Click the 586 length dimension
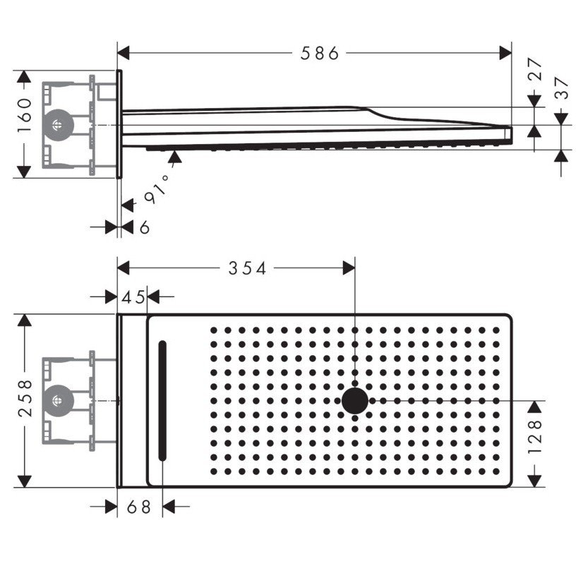tap(320, 53)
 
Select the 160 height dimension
tap(25, 115)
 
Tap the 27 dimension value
tap(536, 69)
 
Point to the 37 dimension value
tap(561, 88)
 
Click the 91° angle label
tap(157, 189)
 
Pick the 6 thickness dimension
tap(145, 227)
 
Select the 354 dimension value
tap(247, 268)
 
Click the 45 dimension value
tap(133, 297)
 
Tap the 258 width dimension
tap(25, 398)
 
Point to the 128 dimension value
tap(535, 436)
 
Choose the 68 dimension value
tap(138, 507)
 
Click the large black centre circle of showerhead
tap(355, 401)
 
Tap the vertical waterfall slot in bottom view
tap(162, 401)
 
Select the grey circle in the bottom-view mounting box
tap(58, 401)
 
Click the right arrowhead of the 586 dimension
tap(505, 53)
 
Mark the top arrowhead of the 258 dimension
tap(24, 320)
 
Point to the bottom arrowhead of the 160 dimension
tap(24, 172)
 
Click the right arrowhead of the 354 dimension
tap(349, 268)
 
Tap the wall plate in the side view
tap(119, 124)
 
